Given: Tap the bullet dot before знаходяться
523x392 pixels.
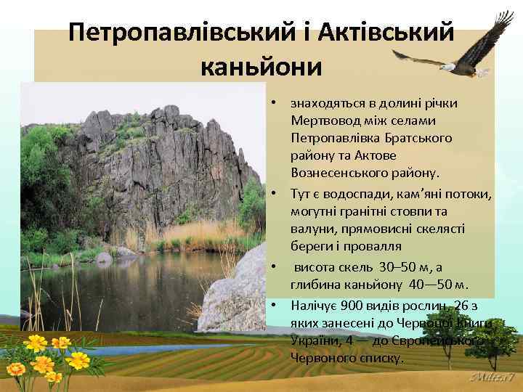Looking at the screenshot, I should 275,102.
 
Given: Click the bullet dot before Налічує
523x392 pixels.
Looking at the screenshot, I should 275,305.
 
